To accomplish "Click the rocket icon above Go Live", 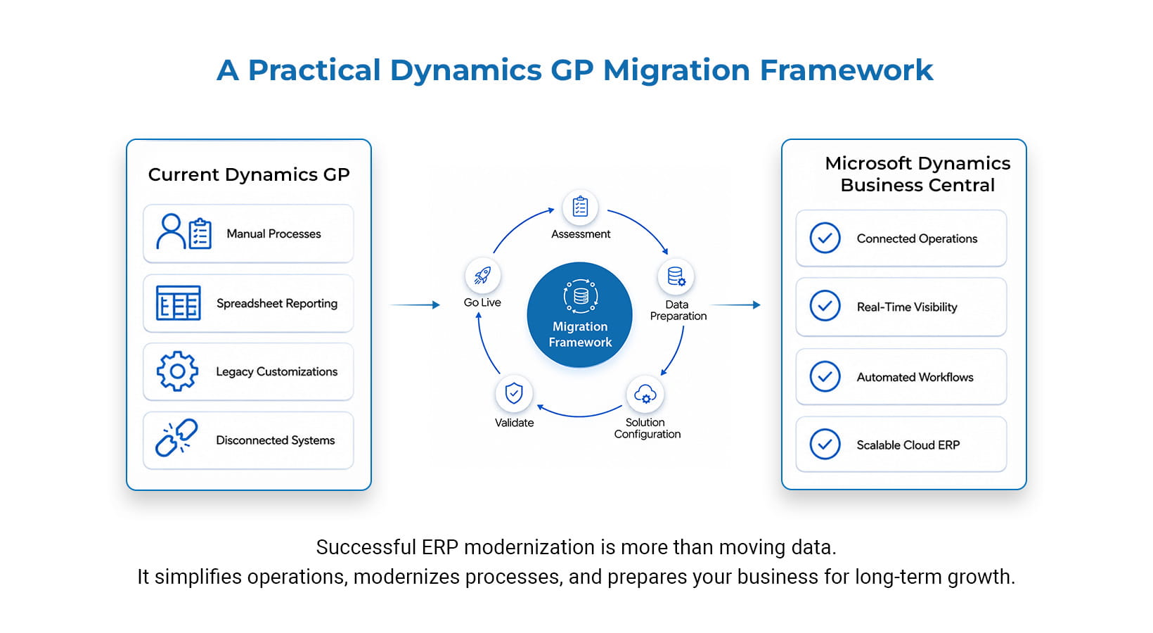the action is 482,275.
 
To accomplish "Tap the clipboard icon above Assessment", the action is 580,207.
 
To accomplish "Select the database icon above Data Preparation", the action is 676,276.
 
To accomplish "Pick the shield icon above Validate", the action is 514,393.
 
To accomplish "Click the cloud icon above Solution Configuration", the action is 645,394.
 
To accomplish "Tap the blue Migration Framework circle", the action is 579,314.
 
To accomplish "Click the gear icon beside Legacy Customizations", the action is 177,371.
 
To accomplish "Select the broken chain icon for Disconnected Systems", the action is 176,437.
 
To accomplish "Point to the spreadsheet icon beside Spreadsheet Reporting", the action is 178,303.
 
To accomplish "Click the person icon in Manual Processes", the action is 170,231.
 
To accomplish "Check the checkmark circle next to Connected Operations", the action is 825,238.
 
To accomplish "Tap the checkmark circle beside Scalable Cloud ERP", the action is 825,444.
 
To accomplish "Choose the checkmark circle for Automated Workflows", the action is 825,376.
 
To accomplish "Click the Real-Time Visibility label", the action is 906,307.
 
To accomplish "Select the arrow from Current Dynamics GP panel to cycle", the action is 415,305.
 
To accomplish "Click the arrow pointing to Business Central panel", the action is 735,305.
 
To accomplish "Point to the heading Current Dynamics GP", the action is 249,174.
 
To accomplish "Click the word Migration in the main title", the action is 676,70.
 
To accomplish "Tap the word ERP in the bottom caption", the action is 439,547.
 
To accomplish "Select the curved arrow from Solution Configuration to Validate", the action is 579,416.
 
